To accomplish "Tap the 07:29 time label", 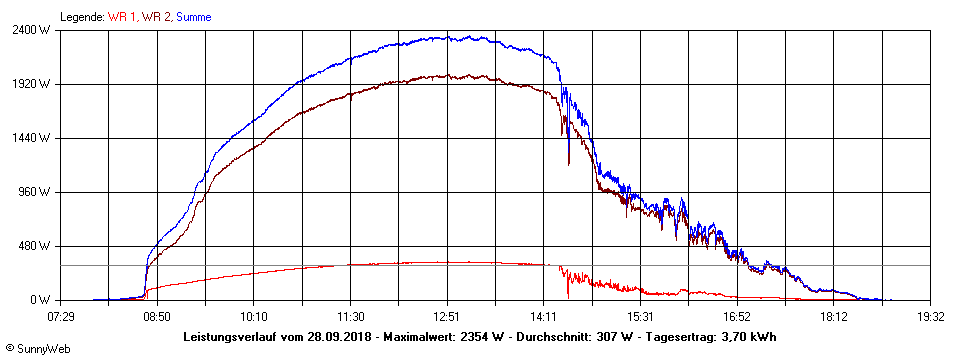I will [61, 316].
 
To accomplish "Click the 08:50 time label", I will [157, 316].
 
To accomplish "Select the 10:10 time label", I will [254, 316].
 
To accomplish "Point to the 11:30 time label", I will [351, 316].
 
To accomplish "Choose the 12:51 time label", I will [447, 316].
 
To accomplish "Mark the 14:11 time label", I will [544, 316].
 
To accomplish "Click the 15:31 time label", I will [641, 316].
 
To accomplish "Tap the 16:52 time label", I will [737, 316].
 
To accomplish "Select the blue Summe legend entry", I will [193, 17].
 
